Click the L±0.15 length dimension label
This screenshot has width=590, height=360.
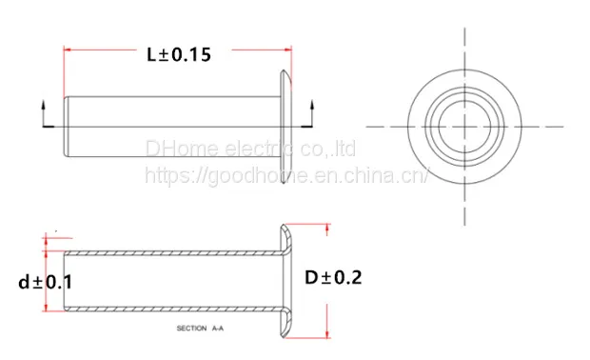(x=179, y=55)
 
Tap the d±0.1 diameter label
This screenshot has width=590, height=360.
(x=45, y=283)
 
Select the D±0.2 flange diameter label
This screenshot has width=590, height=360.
(x=333, y=278)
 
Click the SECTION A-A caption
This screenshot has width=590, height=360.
(x=200, y=329)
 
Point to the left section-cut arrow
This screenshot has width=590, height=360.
(x=44, y=113)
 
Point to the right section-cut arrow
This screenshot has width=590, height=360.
(x=311, y=113)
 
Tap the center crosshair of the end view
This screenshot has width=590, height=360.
(x=464, y=127)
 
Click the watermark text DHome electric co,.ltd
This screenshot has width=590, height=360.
(x=250, y=149)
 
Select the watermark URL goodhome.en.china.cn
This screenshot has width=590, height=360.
(x=286, y=175)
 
